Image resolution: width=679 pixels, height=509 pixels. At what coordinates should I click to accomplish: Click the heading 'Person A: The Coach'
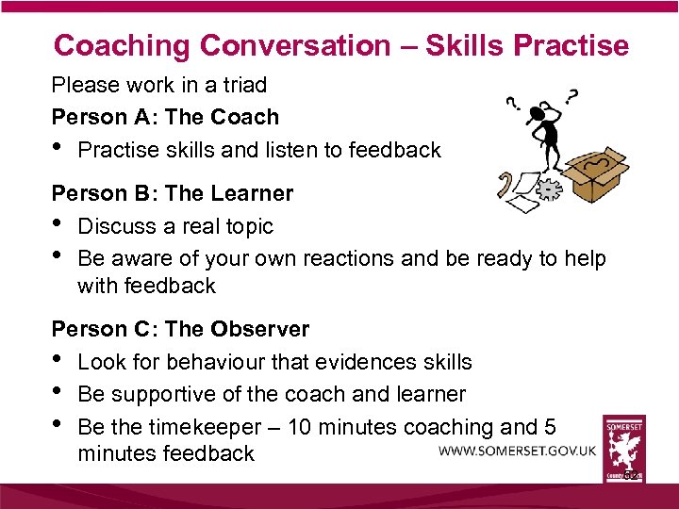tap(165, 118)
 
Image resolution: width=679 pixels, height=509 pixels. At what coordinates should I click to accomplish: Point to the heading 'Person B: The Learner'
tap(172, 194)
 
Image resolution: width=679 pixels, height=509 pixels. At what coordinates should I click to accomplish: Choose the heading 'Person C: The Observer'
tap(180, 329)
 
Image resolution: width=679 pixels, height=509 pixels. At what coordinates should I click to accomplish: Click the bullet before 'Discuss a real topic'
tap(58, 224)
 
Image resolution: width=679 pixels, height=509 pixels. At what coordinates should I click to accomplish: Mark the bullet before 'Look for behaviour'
tap(58, 360)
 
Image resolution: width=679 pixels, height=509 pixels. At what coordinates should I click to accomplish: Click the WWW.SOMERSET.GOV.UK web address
tap(517, 451)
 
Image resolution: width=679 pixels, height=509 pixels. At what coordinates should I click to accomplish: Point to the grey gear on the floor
tap(548, 189)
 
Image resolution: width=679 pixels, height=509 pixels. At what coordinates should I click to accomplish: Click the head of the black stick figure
tap(540, 114)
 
